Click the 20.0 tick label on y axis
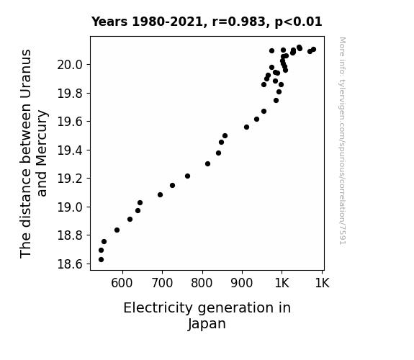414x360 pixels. click(70, 65)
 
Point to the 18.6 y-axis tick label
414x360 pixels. click(70, 264)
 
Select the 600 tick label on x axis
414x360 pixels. click(122, 283)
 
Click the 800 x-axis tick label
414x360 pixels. click(202, 283)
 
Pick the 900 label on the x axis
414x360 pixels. click(242, 283)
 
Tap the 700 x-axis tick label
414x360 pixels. click(162, 283)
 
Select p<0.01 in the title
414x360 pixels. click(299, 22)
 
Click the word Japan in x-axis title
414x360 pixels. click(207, 324)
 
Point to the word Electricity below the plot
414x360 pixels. click(158, 308)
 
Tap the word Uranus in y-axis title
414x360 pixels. click(26, 74)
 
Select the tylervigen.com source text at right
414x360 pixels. click(342, 141)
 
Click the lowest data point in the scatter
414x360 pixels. click(101, 260)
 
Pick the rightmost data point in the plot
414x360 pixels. click(314, 50)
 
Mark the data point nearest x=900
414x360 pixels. click(247, 127)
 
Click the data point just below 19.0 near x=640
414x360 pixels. click(138, 210)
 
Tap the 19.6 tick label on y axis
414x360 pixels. click(70, 122)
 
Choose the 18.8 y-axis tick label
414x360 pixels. click(70, 235)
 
